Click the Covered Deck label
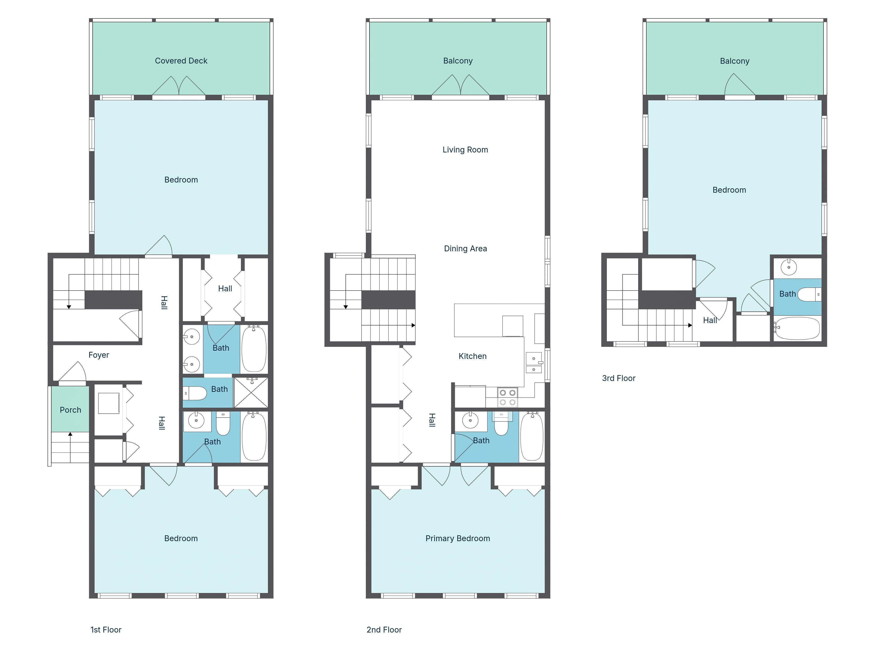coord(181,61)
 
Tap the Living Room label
coord(465,150)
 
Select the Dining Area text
coord(466,249)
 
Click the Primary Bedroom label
coord(458,538)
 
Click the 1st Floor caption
coord(106,630)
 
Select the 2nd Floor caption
coord(384,630)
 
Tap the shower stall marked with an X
coord(251,393)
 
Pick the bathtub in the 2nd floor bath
coord(532,436)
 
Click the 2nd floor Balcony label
coord(458,61)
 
